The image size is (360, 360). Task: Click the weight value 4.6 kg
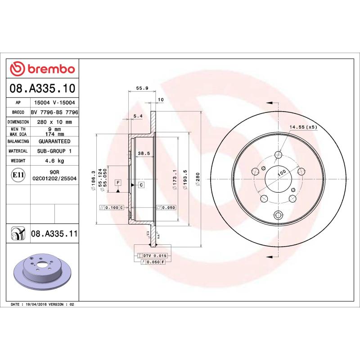point(54,161)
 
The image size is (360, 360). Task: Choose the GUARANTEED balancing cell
point(54,141)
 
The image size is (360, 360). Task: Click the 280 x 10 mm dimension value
point(54,122)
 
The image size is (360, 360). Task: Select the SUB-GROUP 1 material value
point(54,151)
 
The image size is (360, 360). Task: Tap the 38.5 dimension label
point(144,153)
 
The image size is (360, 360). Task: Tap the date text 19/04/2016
point(39,305)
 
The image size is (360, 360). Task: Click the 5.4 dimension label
point(138,117)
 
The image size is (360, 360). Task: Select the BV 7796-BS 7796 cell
point(54,112)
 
